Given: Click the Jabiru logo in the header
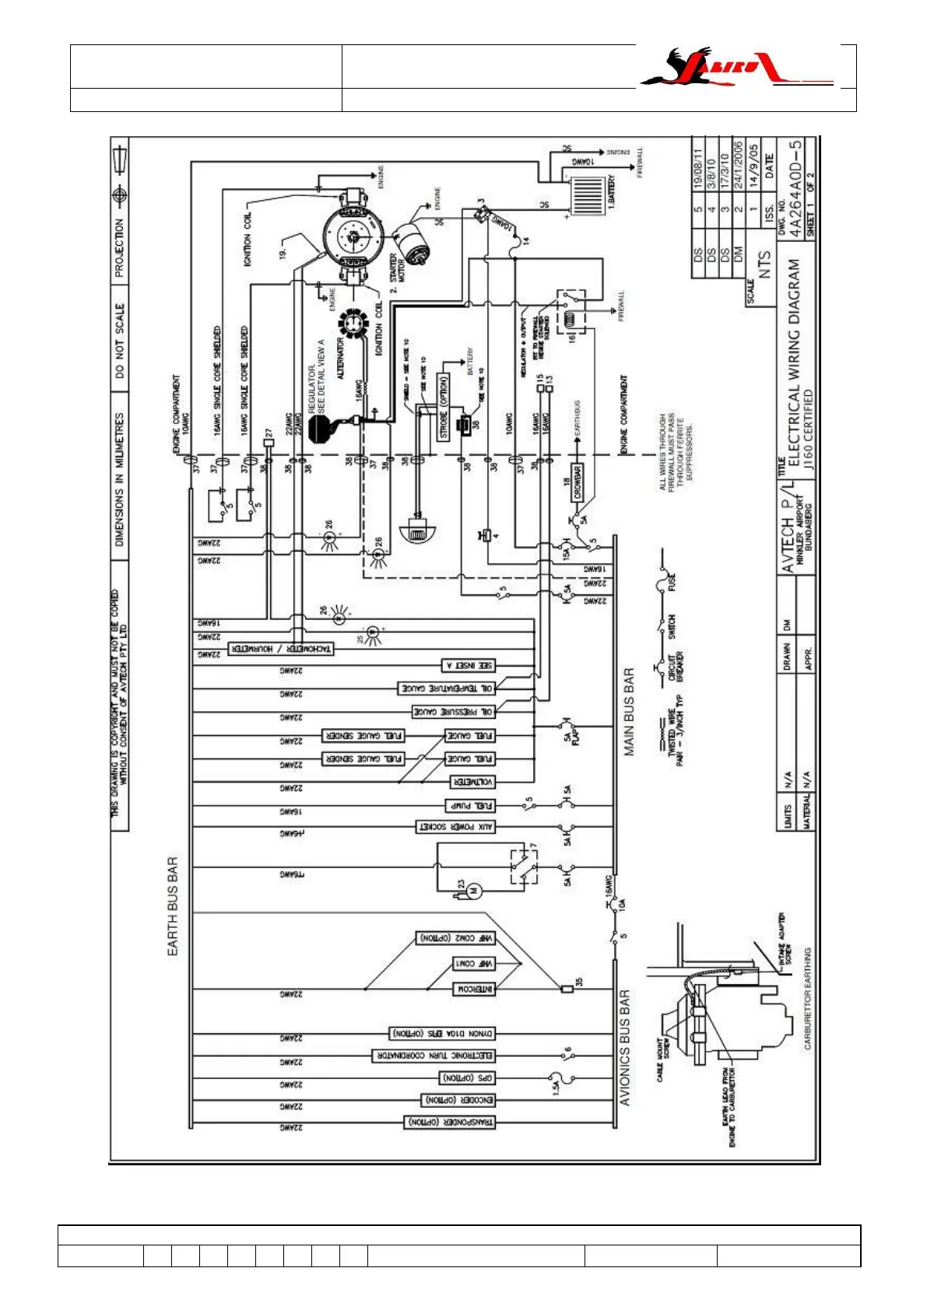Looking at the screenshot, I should (x=736, y=68).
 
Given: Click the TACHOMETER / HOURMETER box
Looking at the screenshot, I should (x=280, y=649).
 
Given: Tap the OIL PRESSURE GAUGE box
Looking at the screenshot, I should (x=452, y=712).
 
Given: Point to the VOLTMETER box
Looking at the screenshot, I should (x=473, y=782).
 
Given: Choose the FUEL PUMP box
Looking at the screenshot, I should (x=469, y=805).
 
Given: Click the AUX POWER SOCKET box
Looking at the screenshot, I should (x=456, y=827).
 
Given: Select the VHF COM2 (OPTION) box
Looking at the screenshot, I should (x=457, y=939).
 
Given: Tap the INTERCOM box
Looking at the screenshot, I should (x=474, y=989).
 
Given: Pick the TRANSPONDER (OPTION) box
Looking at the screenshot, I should (x=449, y=1123).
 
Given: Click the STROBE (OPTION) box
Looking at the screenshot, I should (x=444, y=407).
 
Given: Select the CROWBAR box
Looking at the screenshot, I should (x=578, y=482).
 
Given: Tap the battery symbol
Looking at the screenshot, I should (x=589, y=191).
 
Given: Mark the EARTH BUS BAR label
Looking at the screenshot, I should (x=173, y=906).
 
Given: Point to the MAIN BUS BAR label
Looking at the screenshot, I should (x=629, y=712).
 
